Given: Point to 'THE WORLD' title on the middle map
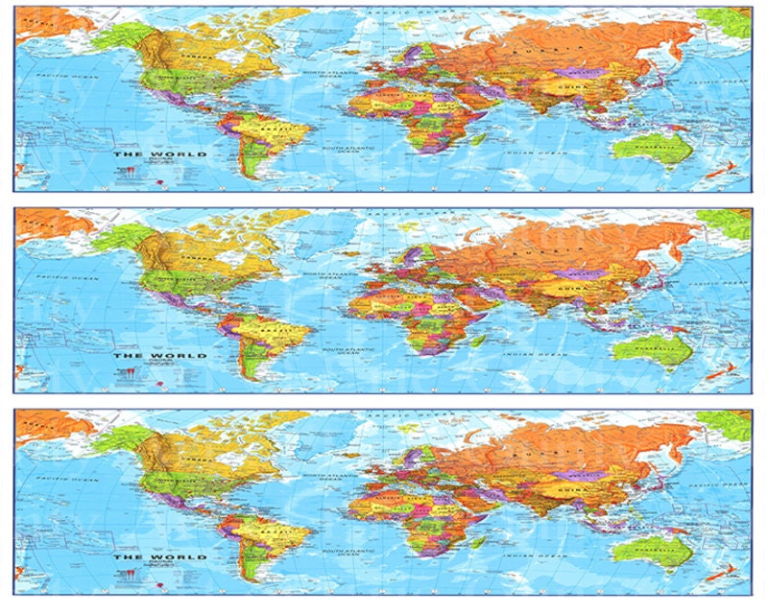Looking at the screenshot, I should point(147,355).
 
